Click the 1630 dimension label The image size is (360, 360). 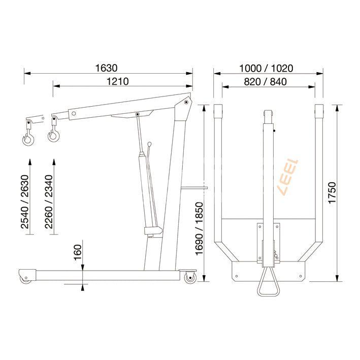coord(106,68)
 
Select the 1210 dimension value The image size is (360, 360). coord(117,81)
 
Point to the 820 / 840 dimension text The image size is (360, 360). coord(268,82)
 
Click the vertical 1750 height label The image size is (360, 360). coord(333,193)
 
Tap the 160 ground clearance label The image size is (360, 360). coord(78,252)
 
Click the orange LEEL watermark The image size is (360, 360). coord(288,178)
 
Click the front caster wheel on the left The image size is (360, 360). coord(25,278)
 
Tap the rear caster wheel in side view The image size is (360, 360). coord(190,278)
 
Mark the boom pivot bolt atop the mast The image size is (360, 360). coord(186,103)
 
